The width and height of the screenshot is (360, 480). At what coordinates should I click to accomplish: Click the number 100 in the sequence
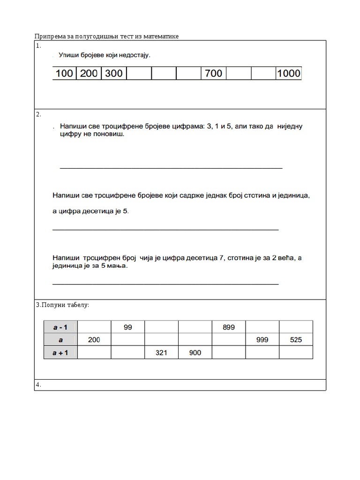click(x=65, y=74)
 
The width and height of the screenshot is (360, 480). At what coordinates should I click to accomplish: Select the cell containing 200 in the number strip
click(x=89, y=74)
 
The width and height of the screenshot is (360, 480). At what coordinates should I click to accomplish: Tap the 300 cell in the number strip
click(x=114, y=74)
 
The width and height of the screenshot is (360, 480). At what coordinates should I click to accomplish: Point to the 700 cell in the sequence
click(x=214, y=74)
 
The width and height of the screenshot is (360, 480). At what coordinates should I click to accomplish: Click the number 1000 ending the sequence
click(x=289, y=74)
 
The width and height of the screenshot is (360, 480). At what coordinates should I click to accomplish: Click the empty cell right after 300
click(x=139, y=74)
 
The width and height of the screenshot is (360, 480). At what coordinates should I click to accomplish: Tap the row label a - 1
click(x=60, y=328)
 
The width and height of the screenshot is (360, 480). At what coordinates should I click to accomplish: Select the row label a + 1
click(x=60, y=352)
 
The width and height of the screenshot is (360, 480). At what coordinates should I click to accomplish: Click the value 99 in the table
click(x=128, y=328)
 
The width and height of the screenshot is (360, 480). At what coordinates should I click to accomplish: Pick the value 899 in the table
click(x=229, y=328)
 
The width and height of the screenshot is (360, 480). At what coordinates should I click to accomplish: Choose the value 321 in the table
click(x=161, y=352)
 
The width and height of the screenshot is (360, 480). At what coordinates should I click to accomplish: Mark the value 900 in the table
click(x=195, y=352)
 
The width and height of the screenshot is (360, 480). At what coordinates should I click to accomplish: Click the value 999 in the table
click(x=262, y=340)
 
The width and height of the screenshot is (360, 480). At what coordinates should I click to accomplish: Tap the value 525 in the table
click(x=296, y=340)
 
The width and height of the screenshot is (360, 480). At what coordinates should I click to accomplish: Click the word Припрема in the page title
click(x=50, y=37)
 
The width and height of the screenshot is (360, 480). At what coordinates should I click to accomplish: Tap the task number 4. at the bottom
click(x=38, y=385)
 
